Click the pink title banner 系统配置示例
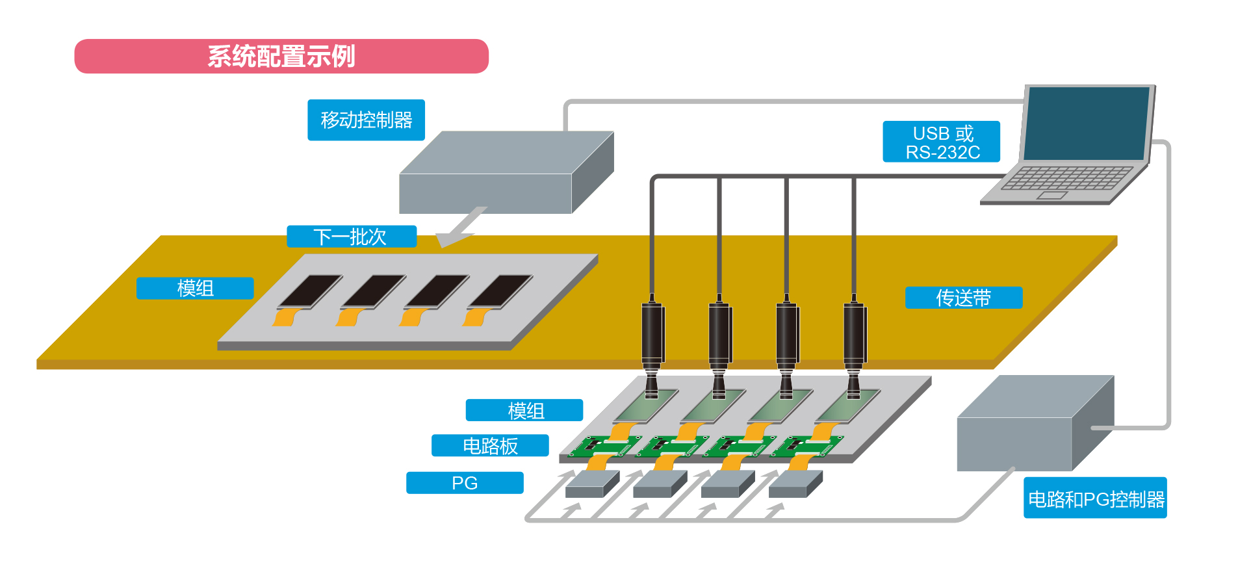tap(281, 57)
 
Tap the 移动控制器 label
tap(366, 120)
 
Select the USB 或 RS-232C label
tap(941, 142)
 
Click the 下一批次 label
tap(352, 237)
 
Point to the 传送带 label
tap(963, 298)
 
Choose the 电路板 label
tap(490, 446)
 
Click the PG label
tap(465, 483)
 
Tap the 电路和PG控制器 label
tap(1095, 499)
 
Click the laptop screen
tap(1087, 123)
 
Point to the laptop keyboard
tap(1066, 178)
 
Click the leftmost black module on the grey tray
tap(311, 291)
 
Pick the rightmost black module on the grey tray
tap(500, 291)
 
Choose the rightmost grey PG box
tap(794, 484)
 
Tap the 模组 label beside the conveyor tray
tap(195, 289)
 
